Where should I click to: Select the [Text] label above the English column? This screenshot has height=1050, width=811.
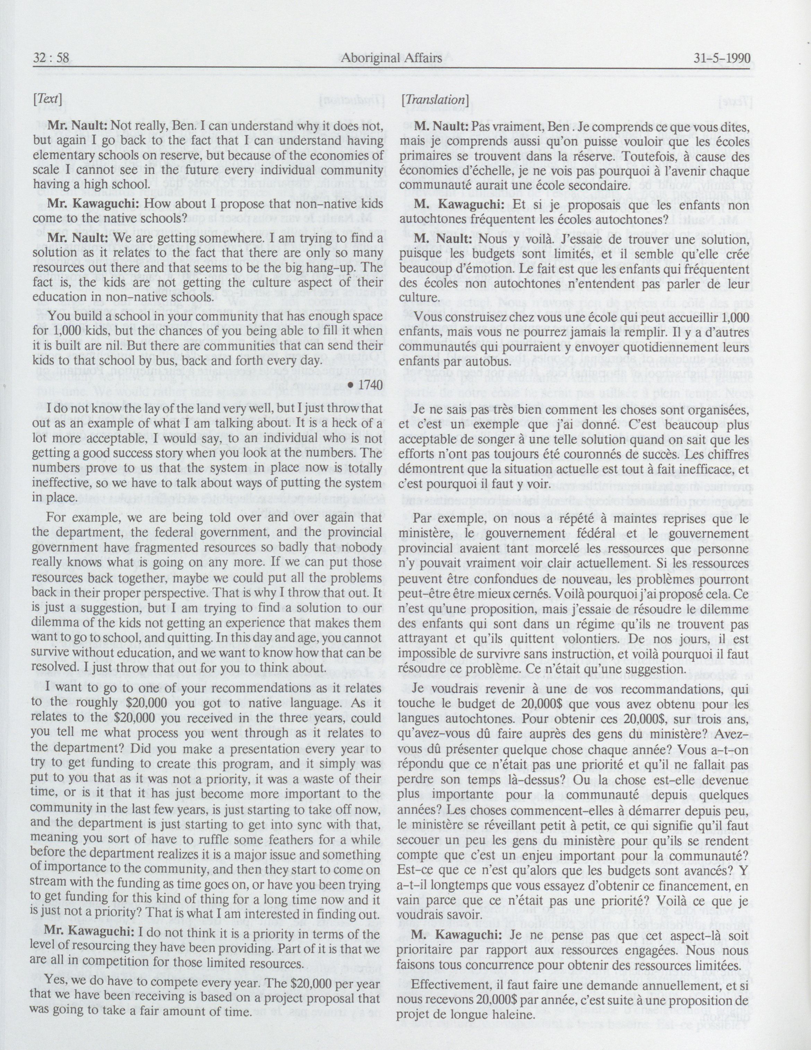pos(47,100)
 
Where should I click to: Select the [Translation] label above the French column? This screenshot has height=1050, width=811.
pos(435,100)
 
